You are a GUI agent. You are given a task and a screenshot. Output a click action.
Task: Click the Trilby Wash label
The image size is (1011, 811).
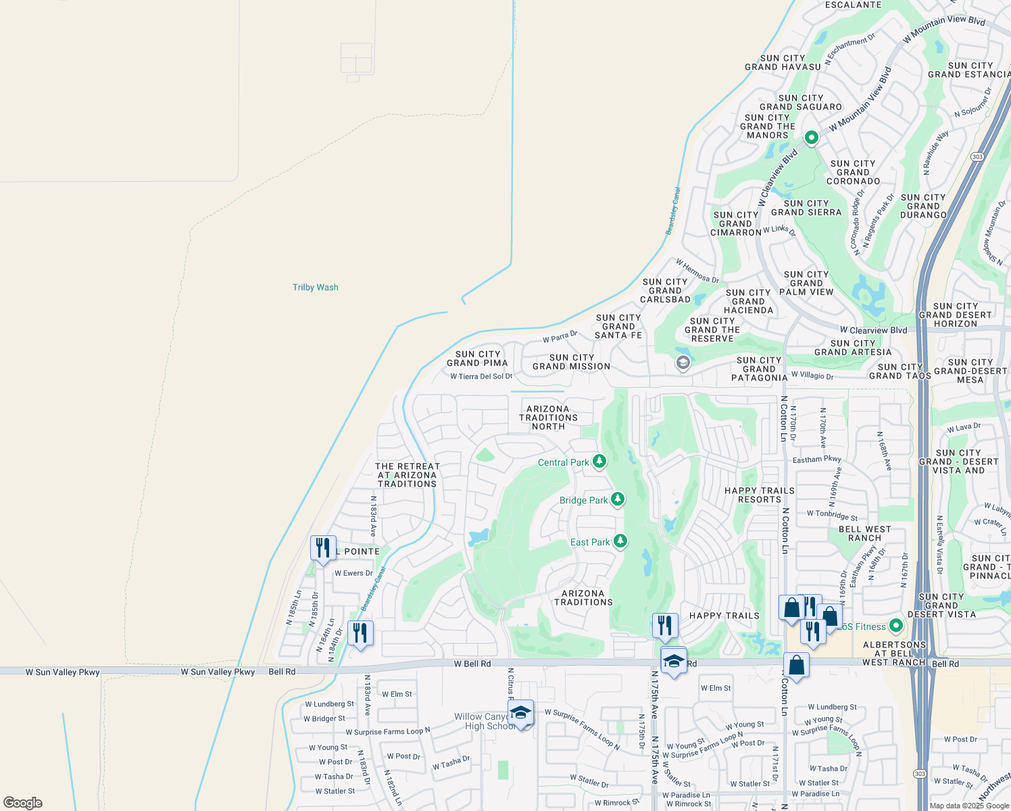315,287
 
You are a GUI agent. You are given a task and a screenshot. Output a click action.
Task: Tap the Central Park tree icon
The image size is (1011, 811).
599,462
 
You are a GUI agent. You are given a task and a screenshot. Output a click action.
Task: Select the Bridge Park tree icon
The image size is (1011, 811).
617,499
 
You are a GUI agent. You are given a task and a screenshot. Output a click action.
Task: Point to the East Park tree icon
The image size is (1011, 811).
620,541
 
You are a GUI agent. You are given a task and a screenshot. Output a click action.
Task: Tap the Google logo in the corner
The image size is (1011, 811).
23,802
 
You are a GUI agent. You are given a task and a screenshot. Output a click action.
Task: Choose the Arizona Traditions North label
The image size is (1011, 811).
548,418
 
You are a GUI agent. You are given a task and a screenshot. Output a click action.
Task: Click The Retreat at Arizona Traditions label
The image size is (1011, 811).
408,475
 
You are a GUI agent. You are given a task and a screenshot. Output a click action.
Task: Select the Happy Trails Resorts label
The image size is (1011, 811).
760,495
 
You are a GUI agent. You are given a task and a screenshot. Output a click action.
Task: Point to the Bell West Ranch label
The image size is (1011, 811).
864,534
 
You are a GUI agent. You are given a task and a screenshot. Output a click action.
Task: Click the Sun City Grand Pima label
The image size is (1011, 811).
477,358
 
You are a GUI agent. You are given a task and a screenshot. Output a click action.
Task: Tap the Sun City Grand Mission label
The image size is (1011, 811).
571,362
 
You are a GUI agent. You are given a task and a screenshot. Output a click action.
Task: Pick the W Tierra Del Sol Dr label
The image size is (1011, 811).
481,376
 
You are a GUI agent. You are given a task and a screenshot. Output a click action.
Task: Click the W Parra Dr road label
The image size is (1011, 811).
560,337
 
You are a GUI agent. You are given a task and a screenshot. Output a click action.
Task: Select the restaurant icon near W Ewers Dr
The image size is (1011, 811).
323,547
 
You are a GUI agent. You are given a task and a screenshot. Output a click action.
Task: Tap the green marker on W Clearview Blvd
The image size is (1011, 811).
811,138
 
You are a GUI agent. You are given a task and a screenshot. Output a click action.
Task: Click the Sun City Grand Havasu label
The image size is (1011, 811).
783,63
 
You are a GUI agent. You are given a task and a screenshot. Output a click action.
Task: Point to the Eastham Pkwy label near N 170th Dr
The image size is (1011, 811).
816,460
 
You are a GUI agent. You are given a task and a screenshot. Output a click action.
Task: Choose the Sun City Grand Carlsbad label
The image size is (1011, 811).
665,291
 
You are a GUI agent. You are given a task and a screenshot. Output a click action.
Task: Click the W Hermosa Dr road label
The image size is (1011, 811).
697,271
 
